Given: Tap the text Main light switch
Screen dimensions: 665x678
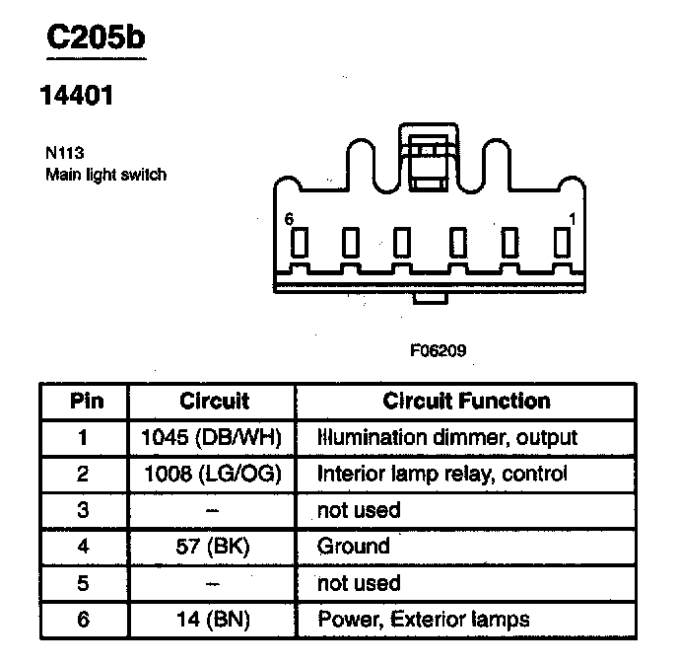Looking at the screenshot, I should coord(106,176).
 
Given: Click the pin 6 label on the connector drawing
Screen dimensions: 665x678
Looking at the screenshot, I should coord(289,220).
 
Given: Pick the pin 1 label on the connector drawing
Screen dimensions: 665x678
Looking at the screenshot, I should coord(572,218).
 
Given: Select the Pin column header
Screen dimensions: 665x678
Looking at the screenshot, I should coord(87,402).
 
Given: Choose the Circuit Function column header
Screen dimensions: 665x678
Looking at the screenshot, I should coord(466,402).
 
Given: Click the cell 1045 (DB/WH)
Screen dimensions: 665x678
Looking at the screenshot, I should coord(213,437).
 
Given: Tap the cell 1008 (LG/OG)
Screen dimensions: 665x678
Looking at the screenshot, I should coord(213,474).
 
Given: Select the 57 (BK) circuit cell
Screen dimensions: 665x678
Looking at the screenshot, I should coord(213,546).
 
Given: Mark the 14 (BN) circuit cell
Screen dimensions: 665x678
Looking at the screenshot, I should coord(213,620).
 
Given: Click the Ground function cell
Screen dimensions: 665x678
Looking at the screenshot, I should coord(353,546).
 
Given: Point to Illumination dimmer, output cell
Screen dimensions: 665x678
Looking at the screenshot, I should coord(446,437).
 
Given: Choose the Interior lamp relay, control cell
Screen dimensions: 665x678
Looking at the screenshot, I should coord(441,474).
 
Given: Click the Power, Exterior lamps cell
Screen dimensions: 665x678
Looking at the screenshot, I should coord(423,620).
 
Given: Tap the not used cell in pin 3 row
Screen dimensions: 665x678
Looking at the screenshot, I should coord(358,510).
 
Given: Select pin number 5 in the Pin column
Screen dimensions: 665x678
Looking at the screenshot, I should coord(83,583).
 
